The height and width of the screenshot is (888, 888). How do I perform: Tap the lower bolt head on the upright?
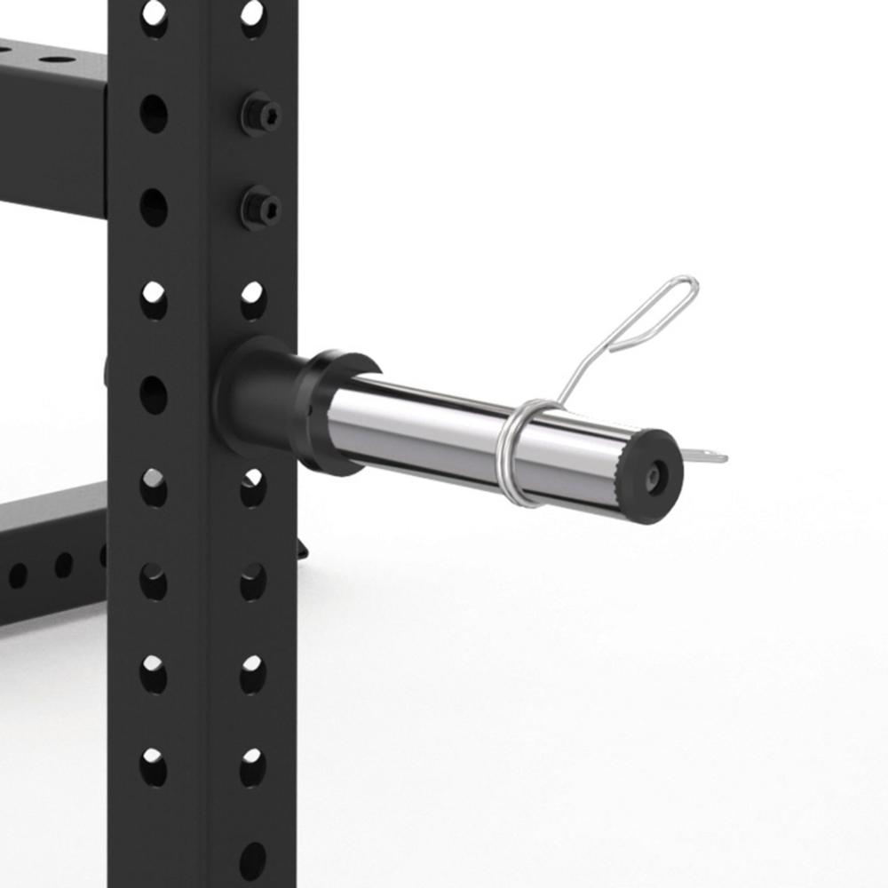[261, 209]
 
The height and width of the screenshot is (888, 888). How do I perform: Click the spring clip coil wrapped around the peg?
[519, 453]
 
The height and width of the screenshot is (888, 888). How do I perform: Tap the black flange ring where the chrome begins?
[341, 412]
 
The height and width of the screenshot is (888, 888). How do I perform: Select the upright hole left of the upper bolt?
[154, 113]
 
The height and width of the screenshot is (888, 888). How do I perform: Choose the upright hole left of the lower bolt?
[154, 207]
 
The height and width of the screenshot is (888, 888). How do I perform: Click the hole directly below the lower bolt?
[253, 300]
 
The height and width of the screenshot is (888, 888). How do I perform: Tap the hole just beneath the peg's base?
[252, 488]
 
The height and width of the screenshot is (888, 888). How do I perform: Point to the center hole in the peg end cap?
[654, 477]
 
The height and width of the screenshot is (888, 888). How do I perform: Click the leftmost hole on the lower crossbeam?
[18, 575]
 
